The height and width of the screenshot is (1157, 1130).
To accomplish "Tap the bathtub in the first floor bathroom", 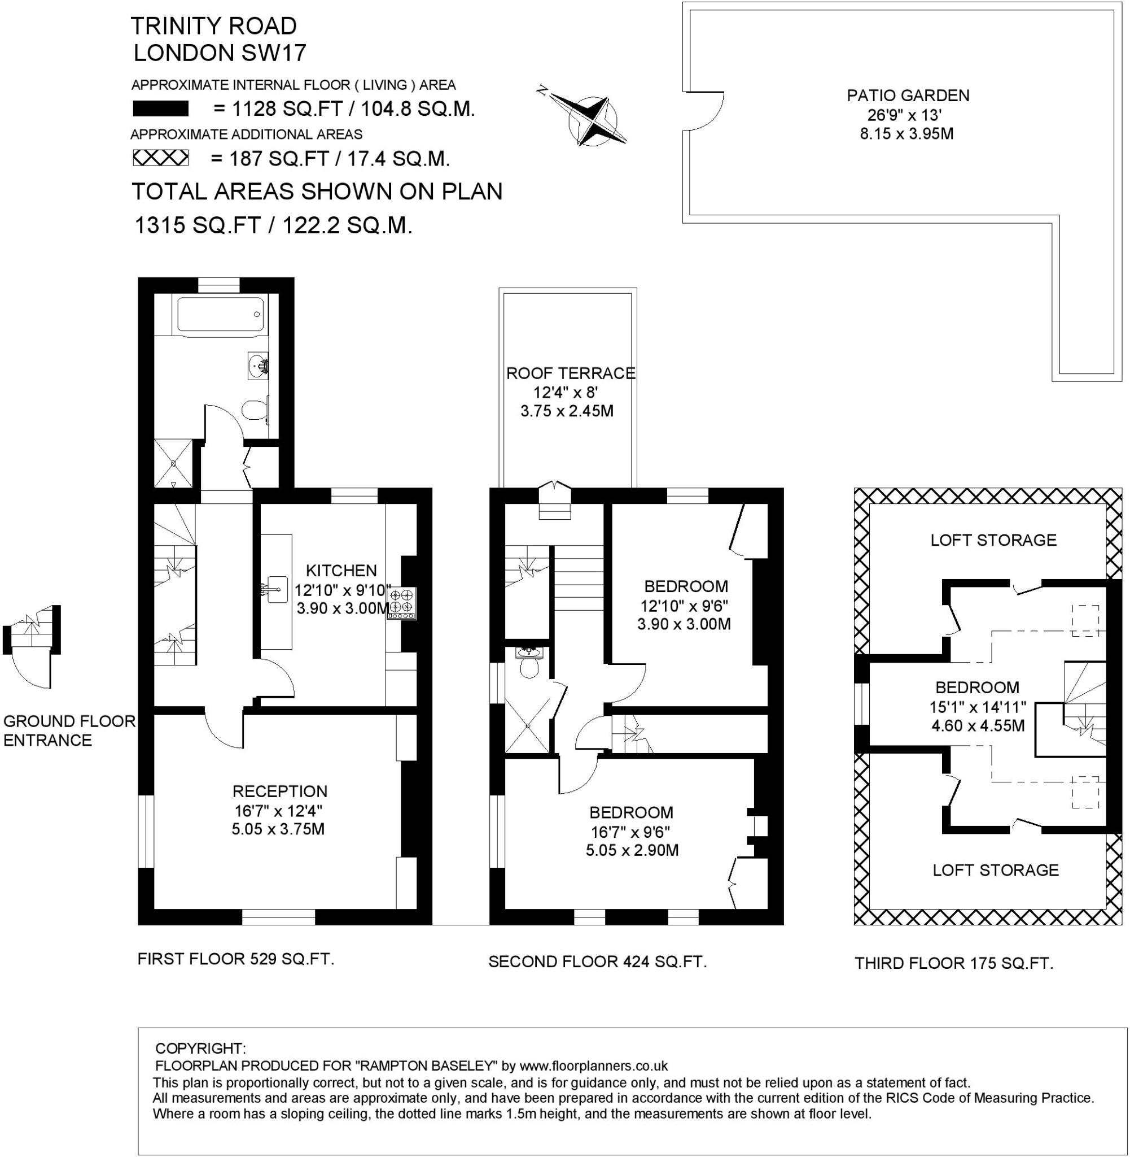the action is (x=220, y=314).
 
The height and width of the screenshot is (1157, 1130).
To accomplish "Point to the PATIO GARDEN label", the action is (x=908, y=95).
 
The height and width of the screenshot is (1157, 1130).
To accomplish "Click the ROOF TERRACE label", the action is (x=570, y=373).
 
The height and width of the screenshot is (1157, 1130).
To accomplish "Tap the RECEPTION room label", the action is (x=279, y=791).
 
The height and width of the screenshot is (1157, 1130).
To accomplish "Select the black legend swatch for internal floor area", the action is (x=160, y=109).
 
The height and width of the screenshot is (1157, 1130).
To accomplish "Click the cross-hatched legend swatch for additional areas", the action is (x=160, y=158).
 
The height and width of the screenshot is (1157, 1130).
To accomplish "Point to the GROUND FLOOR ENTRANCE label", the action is (x=69, y=730).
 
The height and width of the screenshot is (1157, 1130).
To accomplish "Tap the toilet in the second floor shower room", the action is (x=528, y=669).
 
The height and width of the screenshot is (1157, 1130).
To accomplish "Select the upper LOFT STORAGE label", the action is (x=993, y=540).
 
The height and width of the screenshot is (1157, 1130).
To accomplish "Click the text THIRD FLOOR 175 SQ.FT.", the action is (x=954, y=963).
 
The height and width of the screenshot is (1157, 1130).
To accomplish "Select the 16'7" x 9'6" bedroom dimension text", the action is (x=630, y=831).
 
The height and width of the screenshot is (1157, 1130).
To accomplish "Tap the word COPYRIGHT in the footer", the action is (x=200, y=1048).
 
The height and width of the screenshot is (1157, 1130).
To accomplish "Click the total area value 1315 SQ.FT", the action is (x=198, y=226).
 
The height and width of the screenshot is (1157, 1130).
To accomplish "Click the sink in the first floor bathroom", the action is (x=257, y=366).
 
